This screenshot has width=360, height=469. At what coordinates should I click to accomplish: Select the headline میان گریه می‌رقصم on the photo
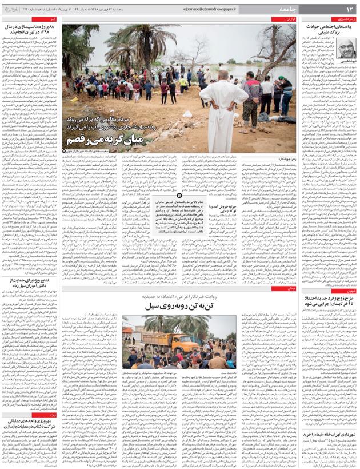[112, 138]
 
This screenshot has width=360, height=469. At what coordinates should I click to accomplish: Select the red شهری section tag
[349, 290]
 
